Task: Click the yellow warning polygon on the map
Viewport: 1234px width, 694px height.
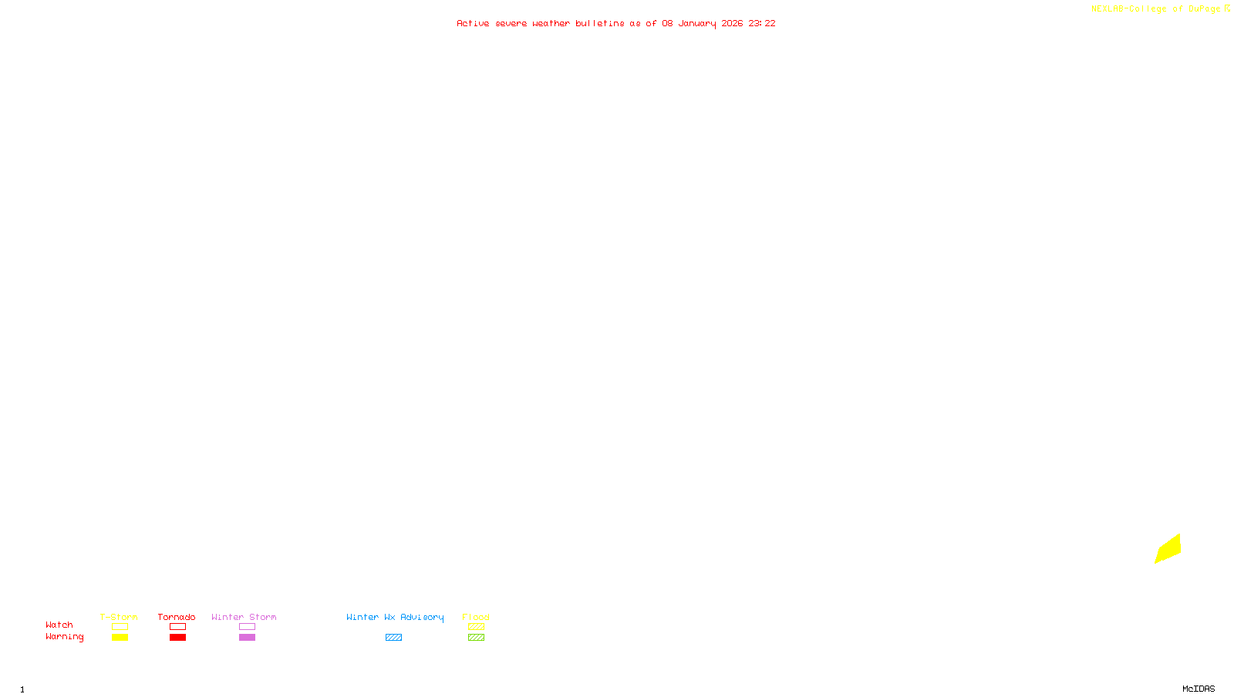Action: click(x=1168, y=548)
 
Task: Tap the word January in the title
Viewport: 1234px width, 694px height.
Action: click(x=696, y=23)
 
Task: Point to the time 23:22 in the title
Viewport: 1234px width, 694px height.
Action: click(x=761, y=23)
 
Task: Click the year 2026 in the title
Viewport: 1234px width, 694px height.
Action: click(x=732, y=23)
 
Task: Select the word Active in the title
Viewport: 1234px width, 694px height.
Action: click(x=472, y=23)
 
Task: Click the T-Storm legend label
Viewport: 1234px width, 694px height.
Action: click(x=119, y=617)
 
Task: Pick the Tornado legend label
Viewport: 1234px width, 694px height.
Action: click(x=177, y=617)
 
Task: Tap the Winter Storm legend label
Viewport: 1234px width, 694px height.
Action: click(x=244, y=617)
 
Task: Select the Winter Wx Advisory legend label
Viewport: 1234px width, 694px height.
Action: click(x=395, y=617)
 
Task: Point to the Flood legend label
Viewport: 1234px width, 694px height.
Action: click(x=476, y=617)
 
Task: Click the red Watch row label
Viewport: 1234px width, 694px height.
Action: click(x=59, y=625)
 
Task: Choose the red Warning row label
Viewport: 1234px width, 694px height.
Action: click(x=64, y=637)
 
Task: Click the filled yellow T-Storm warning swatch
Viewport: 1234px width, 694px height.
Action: click(x=120, y=638)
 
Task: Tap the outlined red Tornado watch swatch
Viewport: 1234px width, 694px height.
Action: click(x=177, y=627)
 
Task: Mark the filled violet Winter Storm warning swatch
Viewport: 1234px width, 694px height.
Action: click(x=247, y=638)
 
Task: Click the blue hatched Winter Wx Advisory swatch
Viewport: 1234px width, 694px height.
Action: click(x=393, y=638)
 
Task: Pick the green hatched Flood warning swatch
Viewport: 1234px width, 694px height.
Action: click(x=476, y=638)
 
